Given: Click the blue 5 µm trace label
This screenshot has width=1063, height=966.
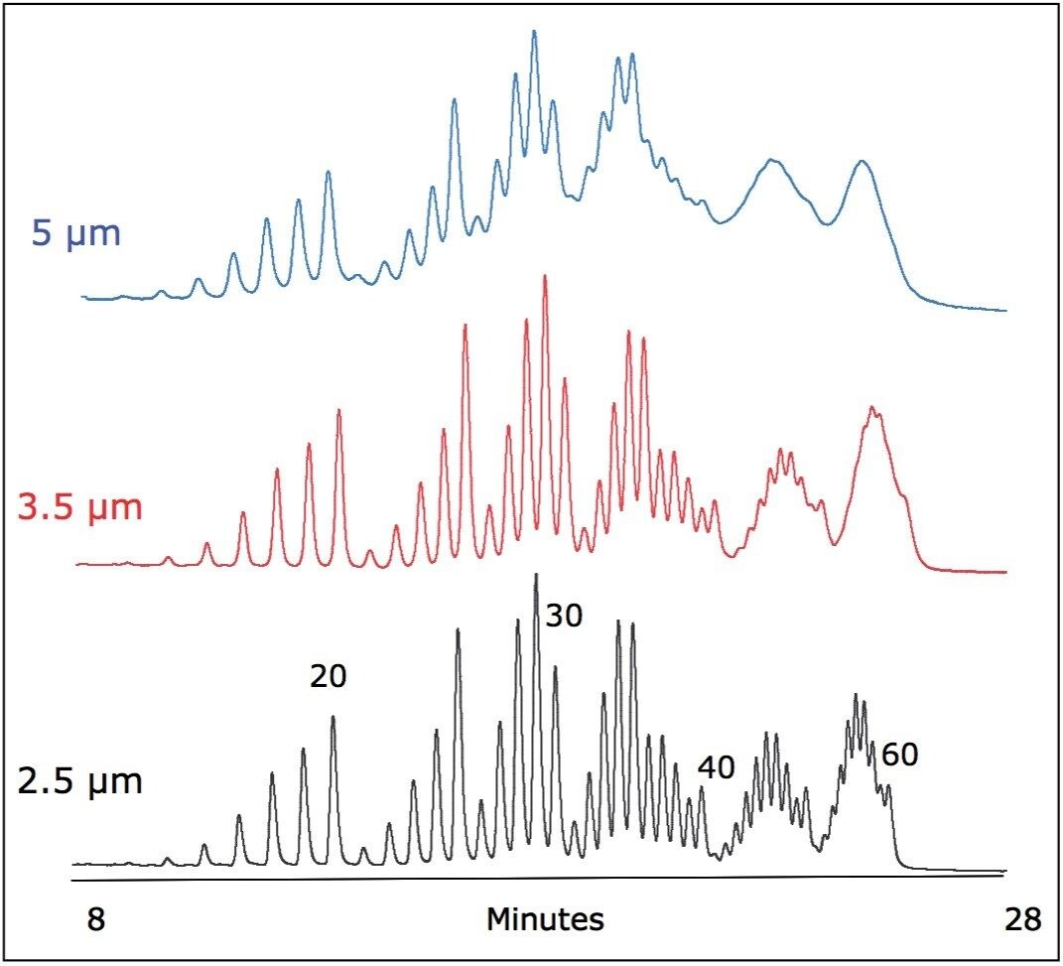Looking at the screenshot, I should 76,235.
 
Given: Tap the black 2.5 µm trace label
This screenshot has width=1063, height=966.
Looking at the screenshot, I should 80,781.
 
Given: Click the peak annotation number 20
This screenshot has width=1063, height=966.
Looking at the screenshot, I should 328,677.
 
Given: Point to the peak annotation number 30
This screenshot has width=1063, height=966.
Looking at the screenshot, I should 564,617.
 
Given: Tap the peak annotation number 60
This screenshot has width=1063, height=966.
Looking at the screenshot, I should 899,756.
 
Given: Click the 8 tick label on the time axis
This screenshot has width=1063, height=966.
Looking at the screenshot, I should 94,919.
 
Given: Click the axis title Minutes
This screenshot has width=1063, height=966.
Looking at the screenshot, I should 544,919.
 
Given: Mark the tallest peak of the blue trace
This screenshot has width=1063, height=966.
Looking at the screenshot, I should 533,33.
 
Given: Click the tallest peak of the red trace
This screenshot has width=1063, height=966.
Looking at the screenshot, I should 545,278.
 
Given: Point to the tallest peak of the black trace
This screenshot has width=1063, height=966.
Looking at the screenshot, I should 536,576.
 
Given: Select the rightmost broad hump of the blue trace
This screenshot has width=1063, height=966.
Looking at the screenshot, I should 863,163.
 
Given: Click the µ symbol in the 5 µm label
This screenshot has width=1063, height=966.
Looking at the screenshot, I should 70,238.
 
